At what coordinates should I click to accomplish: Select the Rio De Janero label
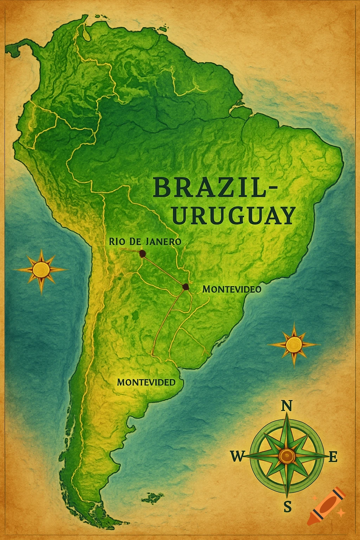pyautogui.click(x=145, y=242)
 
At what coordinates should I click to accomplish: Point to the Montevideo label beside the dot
pyautogui.click(x=232, y=289)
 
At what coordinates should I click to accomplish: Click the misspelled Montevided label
pyautogui.click(x=146, y=382)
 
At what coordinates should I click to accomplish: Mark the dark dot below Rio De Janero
pyautogui.click(x=142, y=254)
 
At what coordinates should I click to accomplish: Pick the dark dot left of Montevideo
pyautogui.click(x=185, y=287)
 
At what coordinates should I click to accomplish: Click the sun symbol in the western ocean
pyautogui.click(x=41, y=270)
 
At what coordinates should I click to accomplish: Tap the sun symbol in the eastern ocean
pyautogui.click(x=294, y=345)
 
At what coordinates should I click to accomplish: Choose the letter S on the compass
pyautogui.click(x=287, y=507)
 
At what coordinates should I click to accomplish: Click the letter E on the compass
pyautogui.click(x=333, y=457)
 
